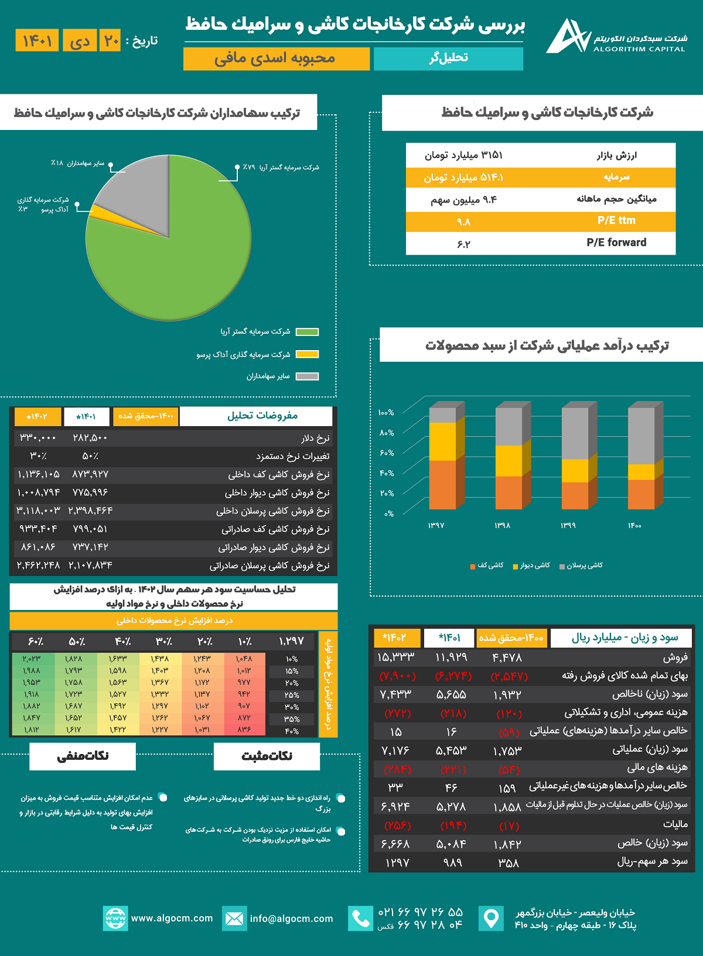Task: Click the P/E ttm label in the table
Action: (x=616, y=221)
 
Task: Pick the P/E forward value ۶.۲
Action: (x=463, y=244)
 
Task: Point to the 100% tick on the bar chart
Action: (x=386, y=413)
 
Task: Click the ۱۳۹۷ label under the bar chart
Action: (x=436, y=526)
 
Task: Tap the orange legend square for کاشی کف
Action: (x=472, y=566)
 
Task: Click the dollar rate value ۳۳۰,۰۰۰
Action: (x=37, y=438)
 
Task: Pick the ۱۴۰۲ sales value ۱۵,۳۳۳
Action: (x=396, y=657)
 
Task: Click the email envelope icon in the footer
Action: (x=234, y=918)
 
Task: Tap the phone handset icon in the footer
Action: (x=360, y=918)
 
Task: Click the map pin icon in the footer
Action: (x=491, y=918)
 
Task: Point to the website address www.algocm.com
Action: (x=172, y=918)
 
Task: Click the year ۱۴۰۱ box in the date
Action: (x=37, y=40)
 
